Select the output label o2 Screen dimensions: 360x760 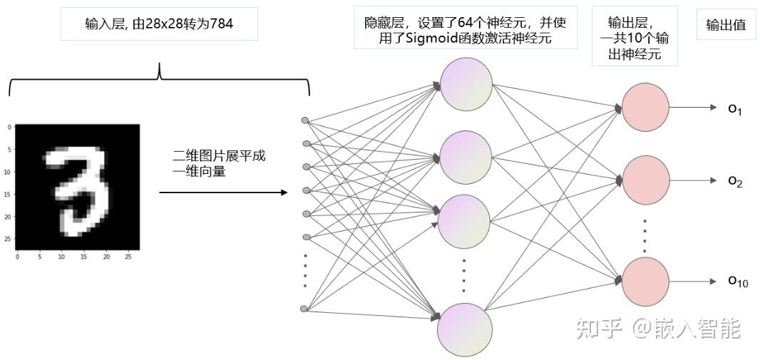(735, 182)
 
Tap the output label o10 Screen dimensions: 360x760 (737, 282)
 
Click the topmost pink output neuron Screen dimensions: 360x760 (645, 108)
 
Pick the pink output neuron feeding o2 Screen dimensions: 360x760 (646, 180)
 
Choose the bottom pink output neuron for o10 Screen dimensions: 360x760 (646, 282)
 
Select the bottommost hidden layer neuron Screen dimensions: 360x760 (465, 328)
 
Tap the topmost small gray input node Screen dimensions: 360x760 (305, 120)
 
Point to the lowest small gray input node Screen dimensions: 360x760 (304, 309)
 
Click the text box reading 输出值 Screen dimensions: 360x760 (726, 25)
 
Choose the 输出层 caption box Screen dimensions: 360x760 (635, 38)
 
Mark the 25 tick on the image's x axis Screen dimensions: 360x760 (128, 256)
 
